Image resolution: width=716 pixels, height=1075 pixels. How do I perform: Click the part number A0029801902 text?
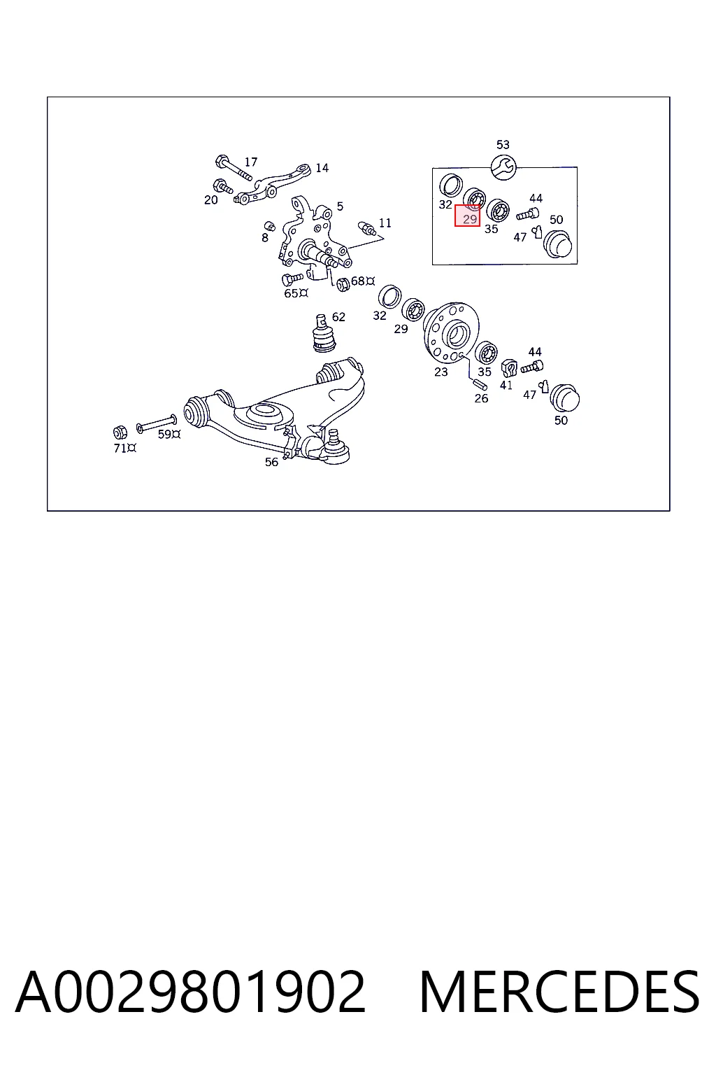click(x=190, y=992)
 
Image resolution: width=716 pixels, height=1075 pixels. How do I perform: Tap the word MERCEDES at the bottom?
click(x=559, y=992)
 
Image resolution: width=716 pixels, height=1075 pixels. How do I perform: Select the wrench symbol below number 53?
click(x=503, y=167)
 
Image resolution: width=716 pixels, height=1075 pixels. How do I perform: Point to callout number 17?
click(x=251, y=162)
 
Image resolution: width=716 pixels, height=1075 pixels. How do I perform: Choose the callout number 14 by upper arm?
click(x=322, y=168)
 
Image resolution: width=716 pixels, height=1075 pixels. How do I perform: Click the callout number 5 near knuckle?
click(x=340, y=206)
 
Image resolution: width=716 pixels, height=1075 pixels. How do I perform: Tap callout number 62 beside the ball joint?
click(x=338, y=317)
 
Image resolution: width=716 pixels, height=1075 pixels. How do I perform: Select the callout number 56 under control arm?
click(x=271, y=462)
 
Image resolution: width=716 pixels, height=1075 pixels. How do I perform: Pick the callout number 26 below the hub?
click(x=481, y=398)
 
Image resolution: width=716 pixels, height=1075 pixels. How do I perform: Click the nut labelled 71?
click(x=120, y=433)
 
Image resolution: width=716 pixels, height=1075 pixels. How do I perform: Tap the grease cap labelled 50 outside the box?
click(x=564, y=398)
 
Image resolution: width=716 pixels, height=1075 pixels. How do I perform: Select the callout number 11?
click(x=385, y=223)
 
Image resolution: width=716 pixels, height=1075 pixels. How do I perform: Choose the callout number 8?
click(x=265, y=237)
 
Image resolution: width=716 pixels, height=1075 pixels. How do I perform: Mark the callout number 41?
click(x=506, y=385)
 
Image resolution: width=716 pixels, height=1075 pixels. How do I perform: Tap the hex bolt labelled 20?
click(x=224, y=186)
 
